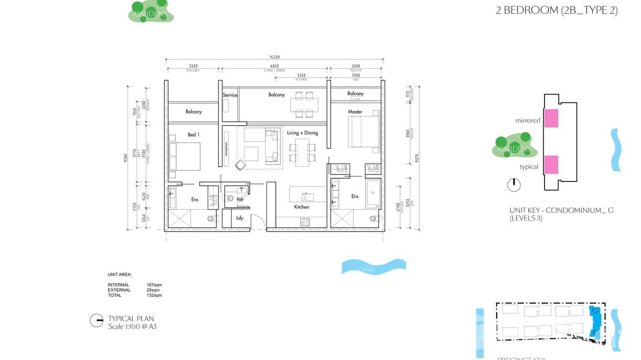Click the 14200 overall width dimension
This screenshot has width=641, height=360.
(x=274, y=57)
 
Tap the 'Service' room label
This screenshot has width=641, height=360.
(x=230, y=95)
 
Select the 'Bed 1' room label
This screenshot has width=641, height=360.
(x=193, y=135)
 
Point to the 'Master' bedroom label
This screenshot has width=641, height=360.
(x=355, y=112)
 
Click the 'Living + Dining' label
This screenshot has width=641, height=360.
(x=302, y=133)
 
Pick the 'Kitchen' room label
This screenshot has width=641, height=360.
(x=301, y=207)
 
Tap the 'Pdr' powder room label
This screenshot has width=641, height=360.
(x=240, y=200)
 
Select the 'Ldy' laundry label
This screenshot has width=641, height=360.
(x=240, y=218)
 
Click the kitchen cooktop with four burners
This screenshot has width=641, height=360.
(x=305, y=222)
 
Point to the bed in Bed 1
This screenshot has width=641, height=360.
(x=184, y=157)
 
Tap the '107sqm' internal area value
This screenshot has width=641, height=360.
(x=154, y=285)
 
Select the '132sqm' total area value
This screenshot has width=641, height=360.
(x=154, y=295)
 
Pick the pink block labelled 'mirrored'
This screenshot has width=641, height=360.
(x=551, y=118)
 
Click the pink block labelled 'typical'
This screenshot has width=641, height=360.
(x=551, y=164)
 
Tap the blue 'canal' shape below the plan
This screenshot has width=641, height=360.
(x=374, y=267)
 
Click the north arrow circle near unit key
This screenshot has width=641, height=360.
(x=513, y=185)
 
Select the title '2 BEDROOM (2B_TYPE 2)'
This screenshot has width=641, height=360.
(x=556, y=11)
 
